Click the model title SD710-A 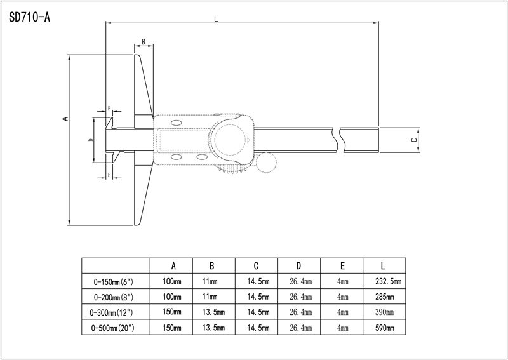tap(30, 17)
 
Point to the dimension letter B tap(144, 42)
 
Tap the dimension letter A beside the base tap(64, 119)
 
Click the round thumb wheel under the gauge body tap(267, 163)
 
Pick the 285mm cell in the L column tap(385, 297)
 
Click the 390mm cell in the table tap(385, 312)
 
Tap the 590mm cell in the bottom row tap(385, 328)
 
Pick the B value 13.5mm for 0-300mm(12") tap(213, 312)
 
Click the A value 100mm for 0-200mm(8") tap(171, 297)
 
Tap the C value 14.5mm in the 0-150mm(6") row tap(257, 281)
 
